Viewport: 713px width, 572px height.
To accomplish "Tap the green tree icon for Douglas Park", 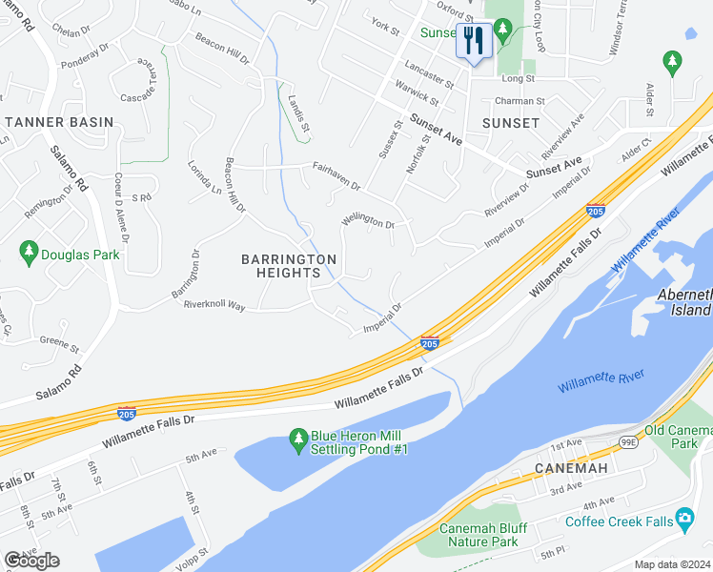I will tap(29, 252).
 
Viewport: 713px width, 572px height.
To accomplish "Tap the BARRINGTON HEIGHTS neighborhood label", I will tap(288, 266).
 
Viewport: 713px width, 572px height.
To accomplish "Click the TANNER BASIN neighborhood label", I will tap(59, 122).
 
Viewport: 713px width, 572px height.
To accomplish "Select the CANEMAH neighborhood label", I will tap(565, 468).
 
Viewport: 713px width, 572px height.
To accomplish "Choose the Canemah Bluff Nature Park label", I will tap(478, 535).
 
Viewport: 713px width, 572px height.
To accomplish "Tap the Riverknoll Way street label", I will tap(214, 306).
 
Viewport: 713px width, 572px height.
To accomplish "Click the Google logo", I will tap(31, 560).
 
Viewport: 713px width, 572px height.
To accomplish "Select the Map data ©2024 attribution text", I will tap(671, 564).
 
